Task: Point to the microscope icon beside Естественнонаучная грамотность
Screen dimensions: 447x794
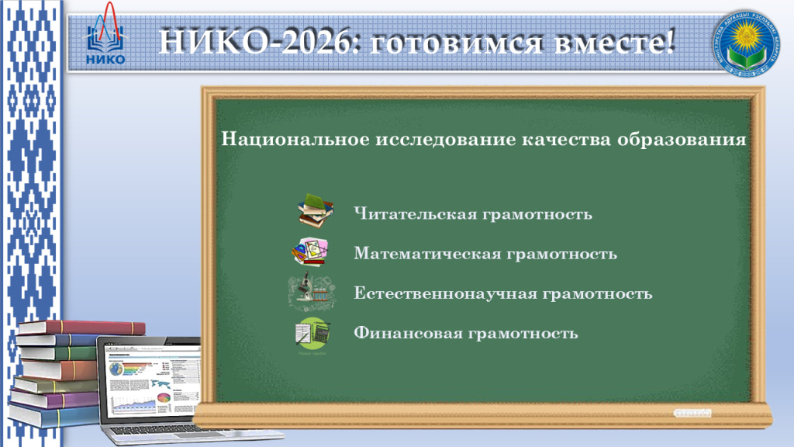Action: [x=310, y=292]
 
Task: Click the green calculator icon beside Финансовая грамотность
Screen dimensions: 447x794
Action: [x=312, y=334]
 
